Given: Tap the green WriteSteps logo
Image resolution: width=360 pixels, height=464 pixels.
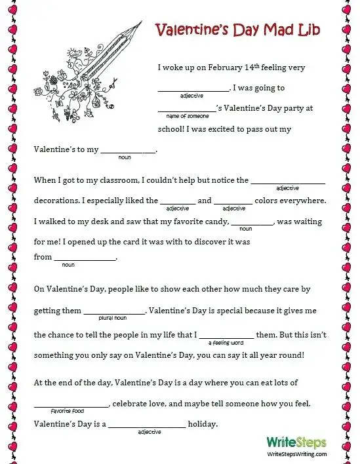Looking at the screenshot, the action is point(296,442).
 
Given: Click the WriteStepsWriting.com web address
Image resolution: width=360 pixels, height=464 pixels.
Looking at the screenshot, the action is point(296,454).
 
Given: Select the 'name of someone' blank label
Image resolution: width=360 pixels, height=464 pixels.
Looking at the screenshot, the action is point(188,115).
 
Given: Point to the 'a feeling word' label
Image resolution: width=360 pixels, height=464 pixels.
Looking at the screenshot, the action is point(226,342).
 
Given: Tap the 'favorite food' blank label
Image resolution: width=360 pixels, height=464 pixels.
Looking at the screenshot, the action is point(68,410).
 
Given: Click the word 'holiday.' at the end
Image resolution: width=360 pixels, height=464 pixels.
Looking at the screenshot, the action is point(203,424).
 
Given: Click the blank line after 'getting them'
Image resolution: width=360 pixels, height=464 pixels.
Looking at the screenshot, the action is point(115,313).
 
